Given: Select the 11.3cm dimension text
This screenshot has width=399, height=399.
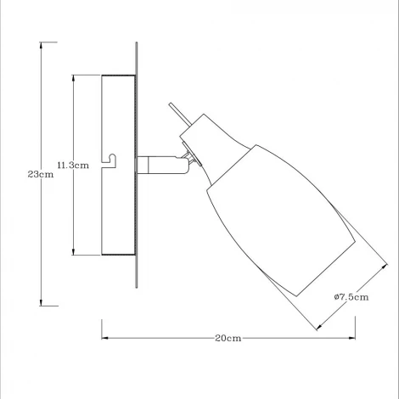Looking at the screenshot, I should pos(73,165).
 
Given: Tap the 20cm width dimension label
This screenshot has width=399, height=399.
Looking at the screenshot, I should pos(228,337).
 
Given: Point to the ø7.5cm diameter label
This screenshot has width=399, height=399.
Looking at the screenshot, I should pos(350,296).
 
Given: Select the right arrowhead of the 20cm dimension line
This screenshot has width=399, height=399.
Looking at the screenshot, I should pos(351,337).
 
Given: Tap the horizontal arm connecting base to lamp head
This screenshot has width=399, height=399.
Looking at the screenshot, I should pos(157,164).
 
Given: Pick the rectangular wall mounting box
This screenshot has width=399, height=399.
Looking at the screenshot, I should pos(118,166).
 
